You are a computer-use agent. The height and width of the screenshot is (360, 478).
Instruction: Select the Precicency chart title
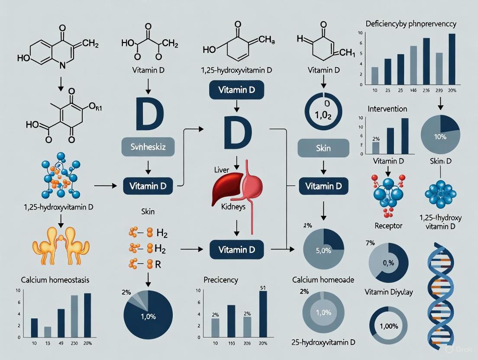[x=221, y=280]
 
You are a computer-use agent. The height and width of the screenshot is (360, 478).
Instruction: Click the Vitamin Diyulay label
[x=389, y=292]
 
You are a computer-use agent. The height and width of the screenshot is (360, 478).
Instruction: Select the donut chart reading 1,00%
[x=388, y=326]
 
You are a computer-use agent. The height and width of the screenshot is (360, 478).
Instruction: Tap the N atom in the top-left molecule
[x=62, y=65]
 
